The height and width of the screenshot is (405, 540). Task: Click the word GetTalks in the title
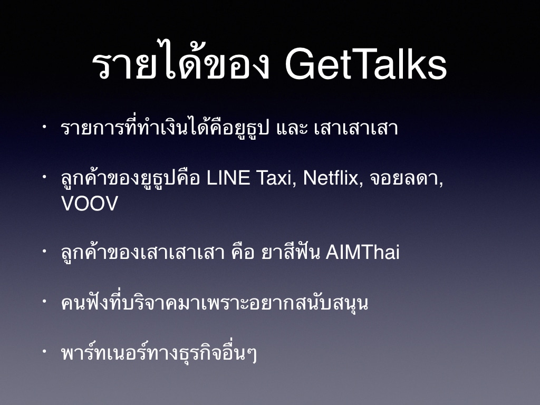pos(366,64)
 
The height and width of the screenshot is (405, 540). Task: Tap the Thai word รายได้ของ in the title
pos(180,60)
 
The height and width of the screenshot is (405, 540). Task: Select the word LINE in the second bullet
pos(228,178)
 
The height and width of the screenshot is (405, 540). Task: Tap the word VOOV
pos(90,203)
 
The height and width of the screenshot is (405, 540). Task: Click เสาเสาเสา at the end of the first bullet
pos(356,128)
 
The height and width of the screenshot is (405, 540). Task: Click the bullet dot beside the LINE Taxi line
pos(44,177)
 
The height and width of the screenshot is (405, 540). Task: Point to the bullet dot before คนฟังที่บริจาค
pos(44,301)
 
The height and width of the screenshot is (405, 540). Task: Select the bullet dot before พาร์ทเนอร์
pos(44,351)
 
